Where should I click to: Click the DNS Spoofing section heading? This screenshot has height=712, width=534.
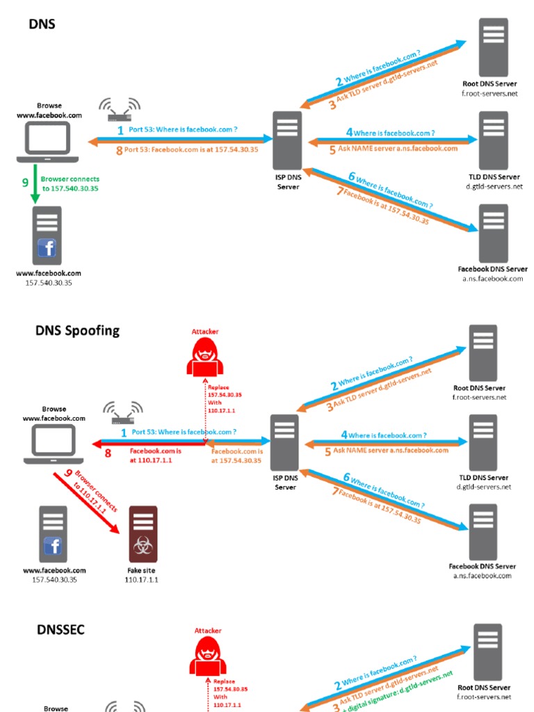(77, 330)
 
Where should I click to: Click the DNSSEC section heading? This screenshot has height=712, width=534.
(61, 630)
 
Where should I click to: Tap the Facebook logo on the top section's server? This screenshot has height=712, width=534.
(47, 248)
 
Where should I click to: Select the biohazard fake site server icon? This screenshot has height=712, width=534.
(143, 534)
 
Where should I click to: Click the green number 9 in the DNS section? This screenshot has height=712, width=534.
(25, 183)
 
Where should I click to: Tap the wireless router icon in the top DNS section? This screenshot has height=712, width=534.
(119, 108)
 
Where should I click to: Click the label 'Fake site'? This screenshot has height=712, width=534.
(141, 570)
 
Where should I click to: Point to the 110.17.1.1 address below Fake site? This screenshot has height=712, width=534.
(141, 579)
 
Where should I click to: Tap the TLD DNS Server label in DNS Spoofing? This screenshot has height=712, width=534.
(483, 478)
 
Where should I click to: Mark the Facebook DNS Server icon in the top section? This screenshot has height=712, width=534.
(492, 233)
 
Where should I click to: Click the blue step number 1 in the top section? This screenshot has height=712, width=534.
(120, 130)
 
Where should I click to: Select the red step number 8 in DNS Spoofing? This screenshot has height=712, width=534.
(108, 453)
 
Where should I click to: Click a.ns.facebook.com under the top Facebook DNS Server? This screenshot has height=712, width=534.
(492, 279)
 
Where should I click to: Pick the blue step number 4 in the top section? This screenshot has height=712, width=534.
(349, 132)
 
